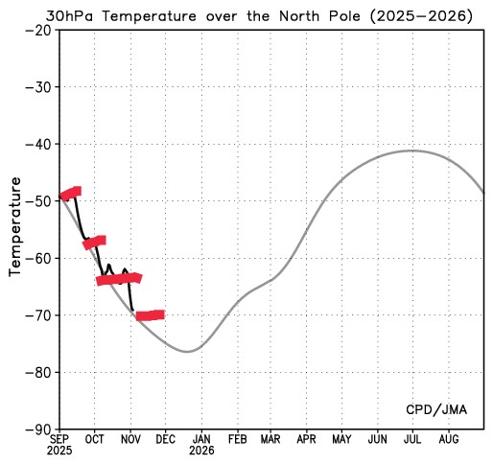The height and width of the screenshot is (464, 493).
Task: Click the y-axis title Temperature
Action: point(15,226)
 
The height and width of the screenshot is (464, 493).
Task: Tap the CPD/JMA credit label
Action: point(436,410)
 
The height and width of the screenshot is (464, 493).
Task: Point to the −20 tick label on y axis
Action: point(38,30)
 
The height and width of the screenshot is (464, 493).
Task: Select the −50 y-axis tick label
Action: point(38,201)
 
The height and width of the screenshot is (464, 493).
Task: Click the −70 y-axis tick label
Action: point(38,315)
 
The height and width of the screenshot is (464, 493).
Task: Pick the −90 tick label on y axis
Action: point(38,429)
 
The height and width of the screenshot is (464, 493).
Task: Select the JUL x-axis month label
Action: point(412,439)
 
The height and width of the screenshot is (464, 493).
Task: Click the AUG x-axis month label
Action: point(448,439)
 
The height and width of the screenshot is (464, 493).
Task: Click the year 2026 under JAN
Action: point(201,450)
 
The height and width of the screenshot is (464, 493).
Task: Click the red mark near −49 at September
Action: point(70,194)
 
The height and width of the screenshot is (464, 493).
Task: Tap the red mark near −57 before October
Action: point(94,243)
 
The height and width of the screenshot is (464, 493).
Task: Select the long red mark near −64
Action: point(119,279)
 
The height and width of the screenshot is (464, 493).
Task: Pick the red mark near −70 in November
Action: point(150,315)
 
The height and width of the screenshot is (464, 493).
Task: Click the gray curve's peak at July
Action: point(412,151)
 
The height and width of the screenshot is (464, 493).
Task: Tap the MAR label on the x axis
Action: point(270,439)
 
